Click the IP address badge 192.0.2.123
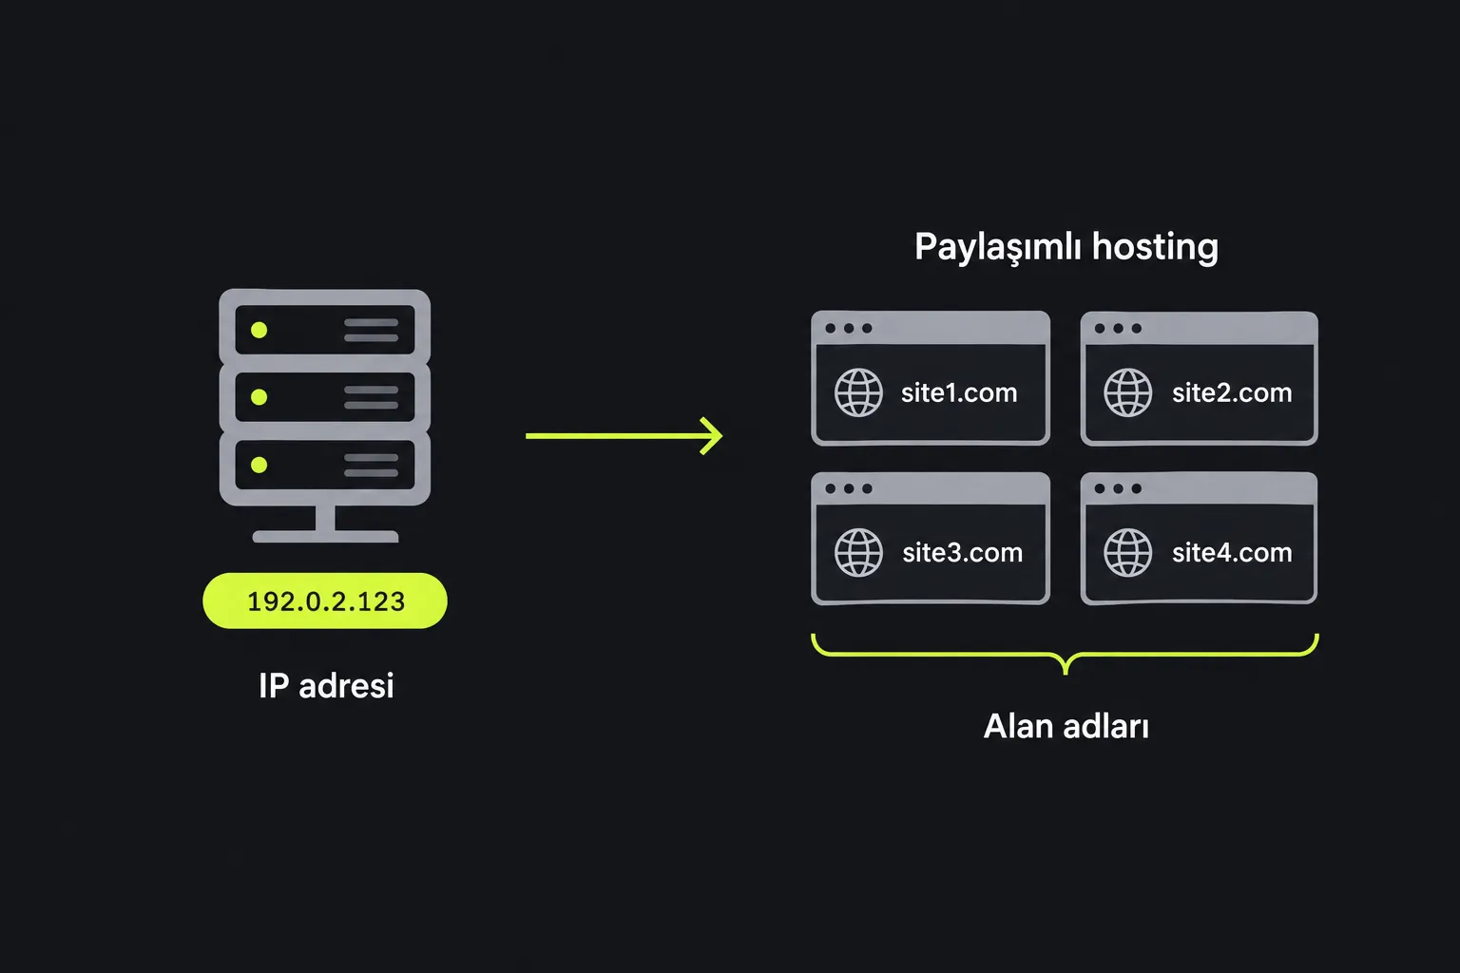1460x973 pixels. coord(325,601)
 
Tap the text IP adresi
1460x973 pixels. coord(327,686)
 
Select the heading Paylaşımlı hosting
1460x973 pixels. coord(1066,248)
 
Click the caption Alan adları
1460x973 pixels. coord(1066,726)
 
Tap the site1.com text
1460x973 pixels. coord(959,393)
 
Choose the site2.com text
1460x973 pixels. coord(1232,393)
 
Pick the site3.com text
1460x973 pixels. coord(963,553)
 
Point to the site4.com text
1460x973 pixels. coord(1232,553)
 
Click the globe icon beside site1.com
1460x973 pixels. coord(858,392)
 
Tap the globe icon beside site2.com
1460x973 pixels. coord(1128,392)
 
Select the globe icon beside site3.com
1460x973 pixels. coord(858,553)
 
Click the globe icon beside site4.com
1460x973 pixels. coord(1128,553)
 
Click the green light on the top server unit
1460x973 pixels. coord(259,330)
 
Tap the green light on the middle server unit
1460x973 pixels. coord(259,397)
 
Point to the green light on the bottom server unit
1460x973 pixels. coord(259,465)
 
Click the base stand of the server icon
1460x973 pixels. coord(325,536)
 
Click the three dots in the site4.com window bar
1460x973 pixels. coord(1118,488)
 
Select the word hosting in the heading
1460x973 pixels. coord(1155,248)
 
